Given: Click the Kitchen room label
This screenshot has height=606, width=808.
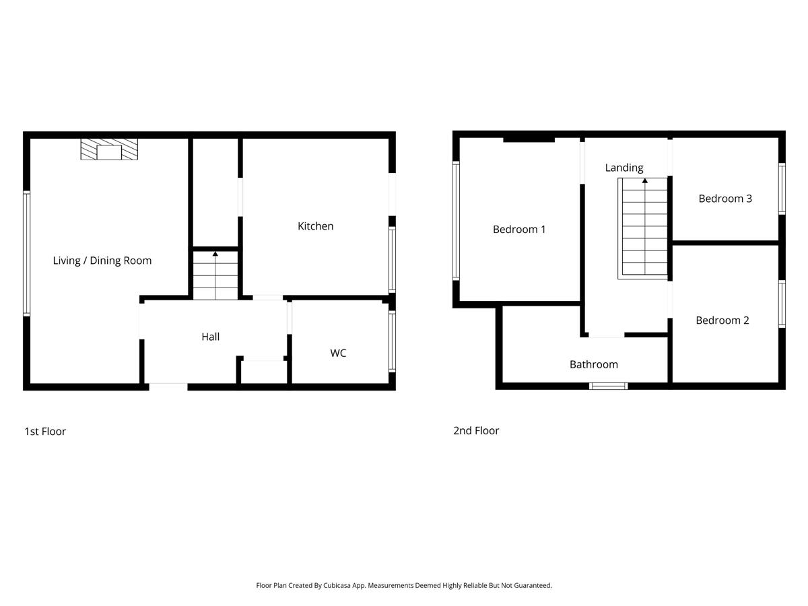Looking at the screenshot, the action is point(315,226).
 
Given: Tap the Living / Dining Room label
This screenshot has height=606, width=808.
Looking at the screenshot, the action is point(102,261).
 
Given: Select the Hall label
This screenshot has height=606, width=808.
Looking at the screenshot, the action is point(210,337).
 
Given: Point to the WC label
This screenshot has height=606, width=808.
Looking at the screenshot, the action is point(338,353).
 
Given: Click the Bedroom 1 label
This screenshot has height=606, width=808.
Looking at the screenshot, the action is point(518,229).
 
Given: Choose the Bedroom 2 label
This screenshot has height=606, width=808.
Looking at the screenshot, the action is point(722,320).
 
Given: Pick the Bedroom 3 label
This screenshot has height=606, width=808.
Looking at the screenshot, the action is point(725,199).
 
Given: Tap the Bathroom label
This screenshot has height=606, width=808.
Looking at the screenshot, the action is point(593,364).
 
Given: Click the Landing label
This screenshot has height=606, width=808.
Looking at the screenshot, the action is point(624,168).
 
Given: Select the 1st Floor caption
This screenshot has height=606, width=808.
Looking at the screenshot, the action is point(45,431).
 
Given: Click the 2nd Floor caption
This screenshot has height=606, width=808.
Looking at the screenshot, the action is point(475,430).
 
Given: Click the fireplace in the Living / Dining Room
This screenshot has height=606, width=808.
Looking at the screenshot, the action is point(109,149).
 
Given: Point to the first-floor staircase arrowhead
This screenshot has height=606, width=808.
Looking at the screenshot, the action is point(215,254).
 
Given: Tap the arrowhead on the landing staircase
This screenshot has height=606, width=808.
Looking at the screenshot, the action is point(644,180).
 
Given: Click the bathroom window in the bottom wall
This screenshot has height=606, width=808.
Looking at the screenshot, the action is point(608,386).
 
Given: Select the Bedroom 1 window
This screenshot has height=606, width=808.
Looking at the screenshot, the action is point(456,221).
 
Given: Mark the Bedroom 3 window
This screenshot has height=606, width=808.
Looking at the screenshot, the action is point(782,189).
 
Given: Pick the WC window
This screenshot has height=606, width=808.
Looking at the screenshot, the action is point(392,341).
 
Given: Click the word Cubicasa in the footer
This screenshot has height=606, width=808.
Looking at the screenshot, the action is point(337,585).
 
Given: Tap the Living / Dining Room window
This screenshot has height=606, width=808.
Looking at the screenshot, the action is point(26,253).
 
